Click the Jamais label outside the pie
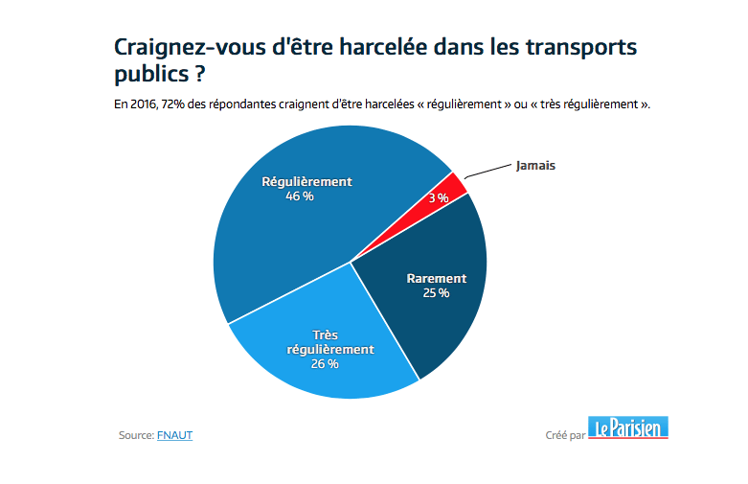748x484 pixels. pyautogui.click(x=535, y=165)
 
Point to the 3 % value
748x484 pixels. pyautogui.click(x=439, y=197)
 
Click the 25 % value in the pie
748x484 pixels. pyautogui.click(x=436, y=292)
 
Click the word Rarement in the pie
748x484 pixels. pyautogui.click(x=436, y=279)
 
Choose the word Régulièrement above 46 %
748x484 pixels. pyautogui.click(x=307, y=181)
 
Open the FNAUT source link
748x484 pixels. pyautogui.click(x=175, y=435)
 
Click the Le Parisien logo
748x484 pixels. pyautogui.click(x=628, y=428)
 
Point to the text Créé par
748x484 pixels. pyautogui.click(x=564, y=435)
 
